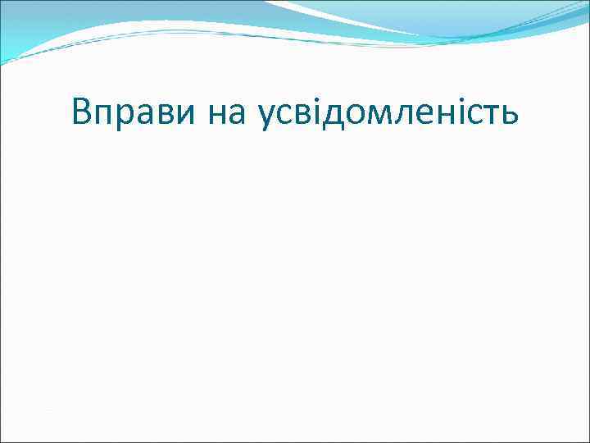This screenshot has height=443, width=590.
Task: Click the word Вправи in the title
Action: pos(132,112)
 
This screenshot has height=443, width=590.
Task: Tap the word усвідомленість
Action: pos(388,112)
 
